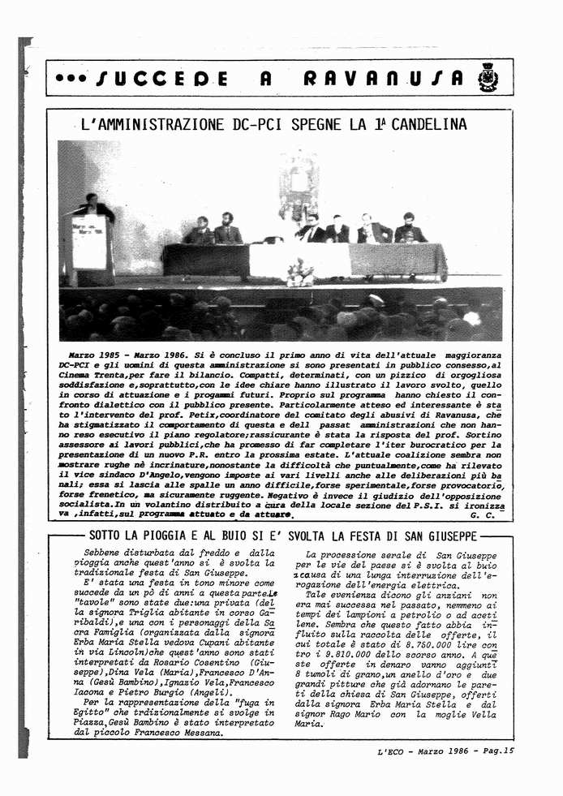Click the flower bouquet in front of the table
point(301,272)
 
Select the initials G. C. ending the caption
point(481,515)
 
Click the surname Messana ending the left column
point(196,734)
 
